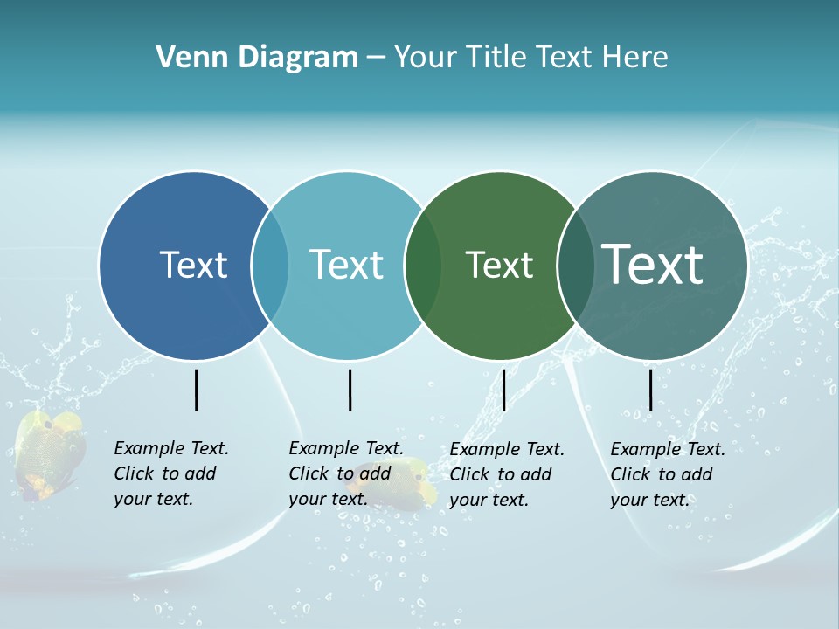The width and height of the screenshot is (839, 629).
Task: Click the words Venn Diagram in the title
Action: point(257,58)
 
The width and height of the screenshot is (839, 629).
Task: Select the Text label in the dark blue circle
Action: point(193,265)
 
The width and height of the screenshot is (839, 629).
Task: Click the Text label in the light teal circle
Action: point(346,265)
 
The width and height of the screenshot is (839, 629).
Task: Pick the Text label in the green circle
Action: point(499,265)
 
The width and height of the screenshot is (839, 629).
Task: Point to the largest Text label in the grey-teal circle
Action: point(653,264)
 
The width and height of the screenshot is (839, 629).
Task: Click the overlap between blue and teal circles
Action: point(270,266)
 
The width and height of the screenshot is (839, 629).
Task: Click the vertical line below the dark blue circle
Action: point(197,390)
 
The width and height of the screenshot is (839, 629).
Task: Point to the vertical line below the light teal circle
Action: point(350,390)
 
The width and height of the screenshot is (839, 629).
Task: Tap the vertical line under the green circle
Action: point(503,390)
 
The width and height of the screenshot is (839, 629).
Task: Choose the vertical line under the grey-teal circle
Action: point(650,390)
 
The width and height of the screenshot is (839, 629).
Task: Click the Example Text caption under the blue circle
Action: point(171,473)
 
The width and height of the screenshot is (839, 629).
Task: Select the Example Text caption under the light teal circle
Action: point(346,473)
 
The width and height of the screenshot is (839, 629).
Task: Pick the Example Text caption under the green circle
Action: point(507,473)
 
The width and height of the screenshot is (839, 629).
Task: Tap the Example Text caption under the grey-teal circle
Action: point(668,473)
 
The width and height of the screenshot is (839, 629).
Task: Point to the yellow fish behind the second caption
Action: point(411,483)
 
